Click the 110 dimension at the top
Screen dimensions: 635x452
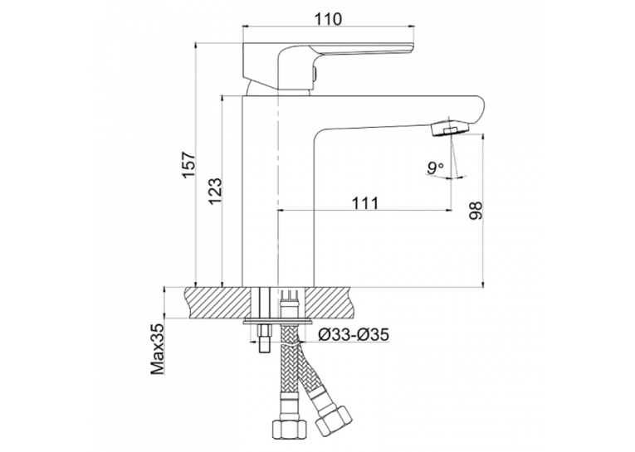328,19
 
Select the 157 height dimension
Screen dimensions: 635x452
188,164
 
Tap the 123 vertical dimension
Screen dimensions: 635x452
215,191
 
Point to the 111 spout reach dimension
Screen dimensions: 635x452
364,203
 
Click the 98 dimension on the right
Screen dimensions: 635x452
476,211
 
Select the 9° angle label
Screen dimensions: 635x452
435,168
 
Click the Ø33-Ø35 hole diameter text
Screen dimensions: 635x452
354,334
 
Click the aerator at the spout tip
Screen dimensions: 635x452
449,128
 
